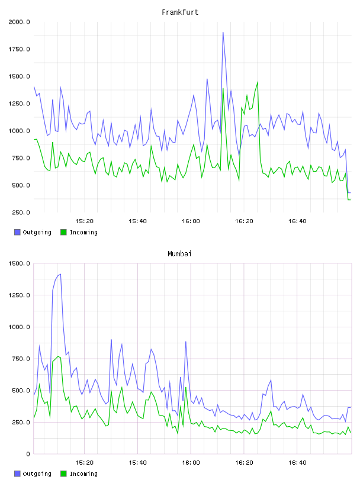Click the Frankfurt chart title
pos(180,12)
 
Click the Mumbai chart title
pos(179,254)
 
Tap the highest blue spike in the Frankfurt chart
pos(223,32)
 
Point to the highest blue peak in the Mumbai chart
pos(60,274)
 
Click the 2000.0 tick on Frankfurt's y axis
pos(19,22)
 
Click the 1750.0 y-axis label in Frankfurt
pos(19,49)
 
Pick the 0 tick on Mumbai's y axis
pos(28,454)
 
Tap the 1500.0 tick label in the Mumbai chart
pos(19,263)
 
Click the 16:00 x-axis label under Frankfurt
pos(191,221)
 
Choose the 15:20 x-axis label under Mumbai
pos(84,463)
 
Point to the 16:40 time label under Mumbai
pos(297,463)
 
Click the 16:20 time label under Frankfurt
pos(244,221)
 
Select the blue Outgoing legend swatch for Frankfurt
pos(17,232)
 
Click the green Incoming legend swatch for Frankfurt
pos(63,232)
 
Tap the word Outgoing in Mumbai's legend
pos(37,474)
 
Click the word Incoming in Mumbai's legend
pos(83,474)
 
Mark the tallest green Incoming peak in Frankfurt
pos(258,82)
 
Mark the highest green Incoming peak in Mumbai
pos(58,356)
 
